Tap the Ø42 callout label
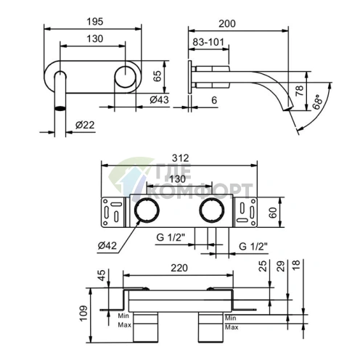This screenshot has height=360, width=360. (x=109, y=245)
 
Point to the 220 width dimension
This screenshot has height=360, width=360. (x=179, y=268)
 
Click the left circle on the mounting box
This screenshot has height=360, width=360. (x=149, y=212)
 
